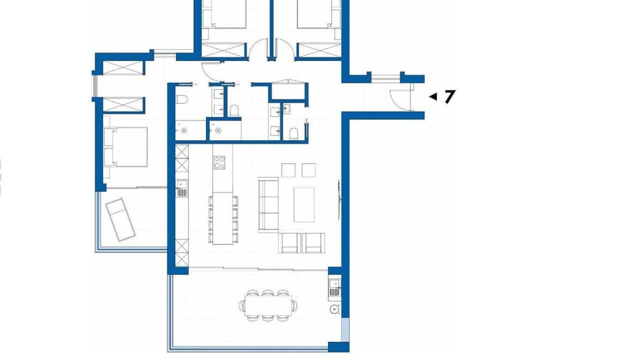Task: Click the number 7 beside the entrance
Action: (x=450, y=96)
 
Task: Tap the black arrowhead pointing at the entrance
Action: (x=433, y=96)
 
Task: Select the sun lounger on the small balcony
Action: (x=121, y=219)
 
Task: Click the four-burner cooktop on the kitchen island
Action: (x=219, y=162)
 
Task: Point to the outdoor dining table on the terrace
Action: (x=268, y=305)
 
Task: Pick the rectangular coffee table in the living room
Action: (x=304, y=205)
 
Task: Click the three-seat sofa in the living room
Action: (x=268, y=205)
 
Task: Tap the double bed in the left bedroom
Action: (x=125, y=147)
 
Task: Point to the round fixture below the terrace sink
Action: (x=335, y=309)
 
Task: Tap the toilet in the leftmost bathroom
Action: (x=182, y=99)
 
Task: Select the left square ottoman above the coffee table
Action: (x=288, y=170)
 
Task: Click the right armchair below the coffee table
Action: (x=314, y=242)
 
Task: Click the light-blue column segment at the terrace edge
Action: (x=345, y=330)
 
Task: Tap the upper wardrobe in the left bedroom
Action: (x=123, y=68)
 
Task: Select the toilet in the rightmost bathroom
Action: (x=293, y=134)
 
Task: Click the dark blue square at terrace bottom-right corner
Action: (x=339, y=347)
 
